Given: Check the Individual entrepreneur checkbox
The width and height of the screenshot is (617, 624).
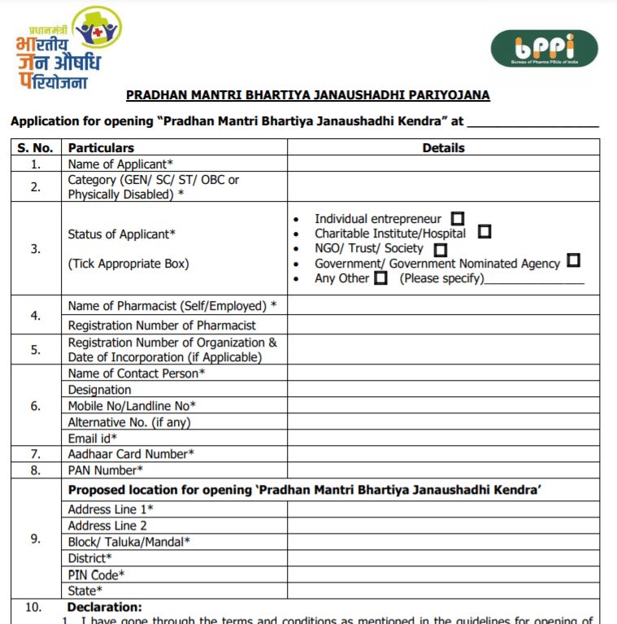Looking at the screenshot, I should (458, 218).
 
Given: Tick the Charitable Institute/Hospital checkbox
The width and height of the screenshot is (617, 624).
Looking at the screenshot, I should (484, 232).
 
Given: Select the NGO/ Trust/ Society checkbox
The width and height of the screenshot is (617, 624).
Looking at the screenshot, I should (441, 249).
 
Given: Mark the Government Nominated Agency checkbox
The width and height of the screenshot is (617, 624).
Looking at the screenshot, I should (573, 261).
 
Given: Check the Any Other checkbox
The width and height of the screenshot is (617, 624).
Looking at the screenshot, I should (380, 278).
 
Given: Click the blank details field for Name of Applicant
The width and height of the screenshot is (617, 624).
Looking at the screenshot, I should (443, 164).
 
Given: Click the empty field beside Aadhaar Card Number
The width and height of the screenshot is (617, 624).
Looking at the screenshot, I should (443, 454).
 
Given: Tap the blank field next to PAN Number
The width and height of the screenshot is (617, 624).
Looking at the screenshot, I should (443, 470).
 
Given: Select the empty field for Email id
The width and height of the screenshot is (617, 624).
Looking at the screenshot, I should (443, 439).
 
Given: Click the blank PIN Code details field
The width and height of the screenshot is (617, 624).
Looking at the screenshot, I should (443, 574).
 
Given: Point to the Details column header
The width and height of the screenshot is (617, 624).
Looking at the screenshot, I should (443, 148).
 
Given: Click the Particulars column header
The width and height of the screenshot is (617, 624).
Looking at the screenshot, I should (101, 148).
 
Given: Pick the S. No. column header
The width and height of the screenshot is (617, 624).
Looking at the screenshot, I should (35, 148).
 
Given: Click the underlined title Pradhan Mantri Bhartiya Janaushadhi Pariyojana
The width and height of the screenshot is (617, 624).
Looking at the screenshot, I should (307, 95).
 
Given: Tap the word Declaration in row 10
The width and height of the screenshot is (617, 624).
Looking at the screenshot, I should (104, 607).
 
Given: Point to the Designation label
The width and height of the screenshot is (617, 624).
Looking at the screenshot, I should (99, 390).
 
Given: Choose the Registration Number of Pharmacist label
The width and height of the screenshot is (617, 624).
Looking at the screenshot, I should (162, 325).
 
